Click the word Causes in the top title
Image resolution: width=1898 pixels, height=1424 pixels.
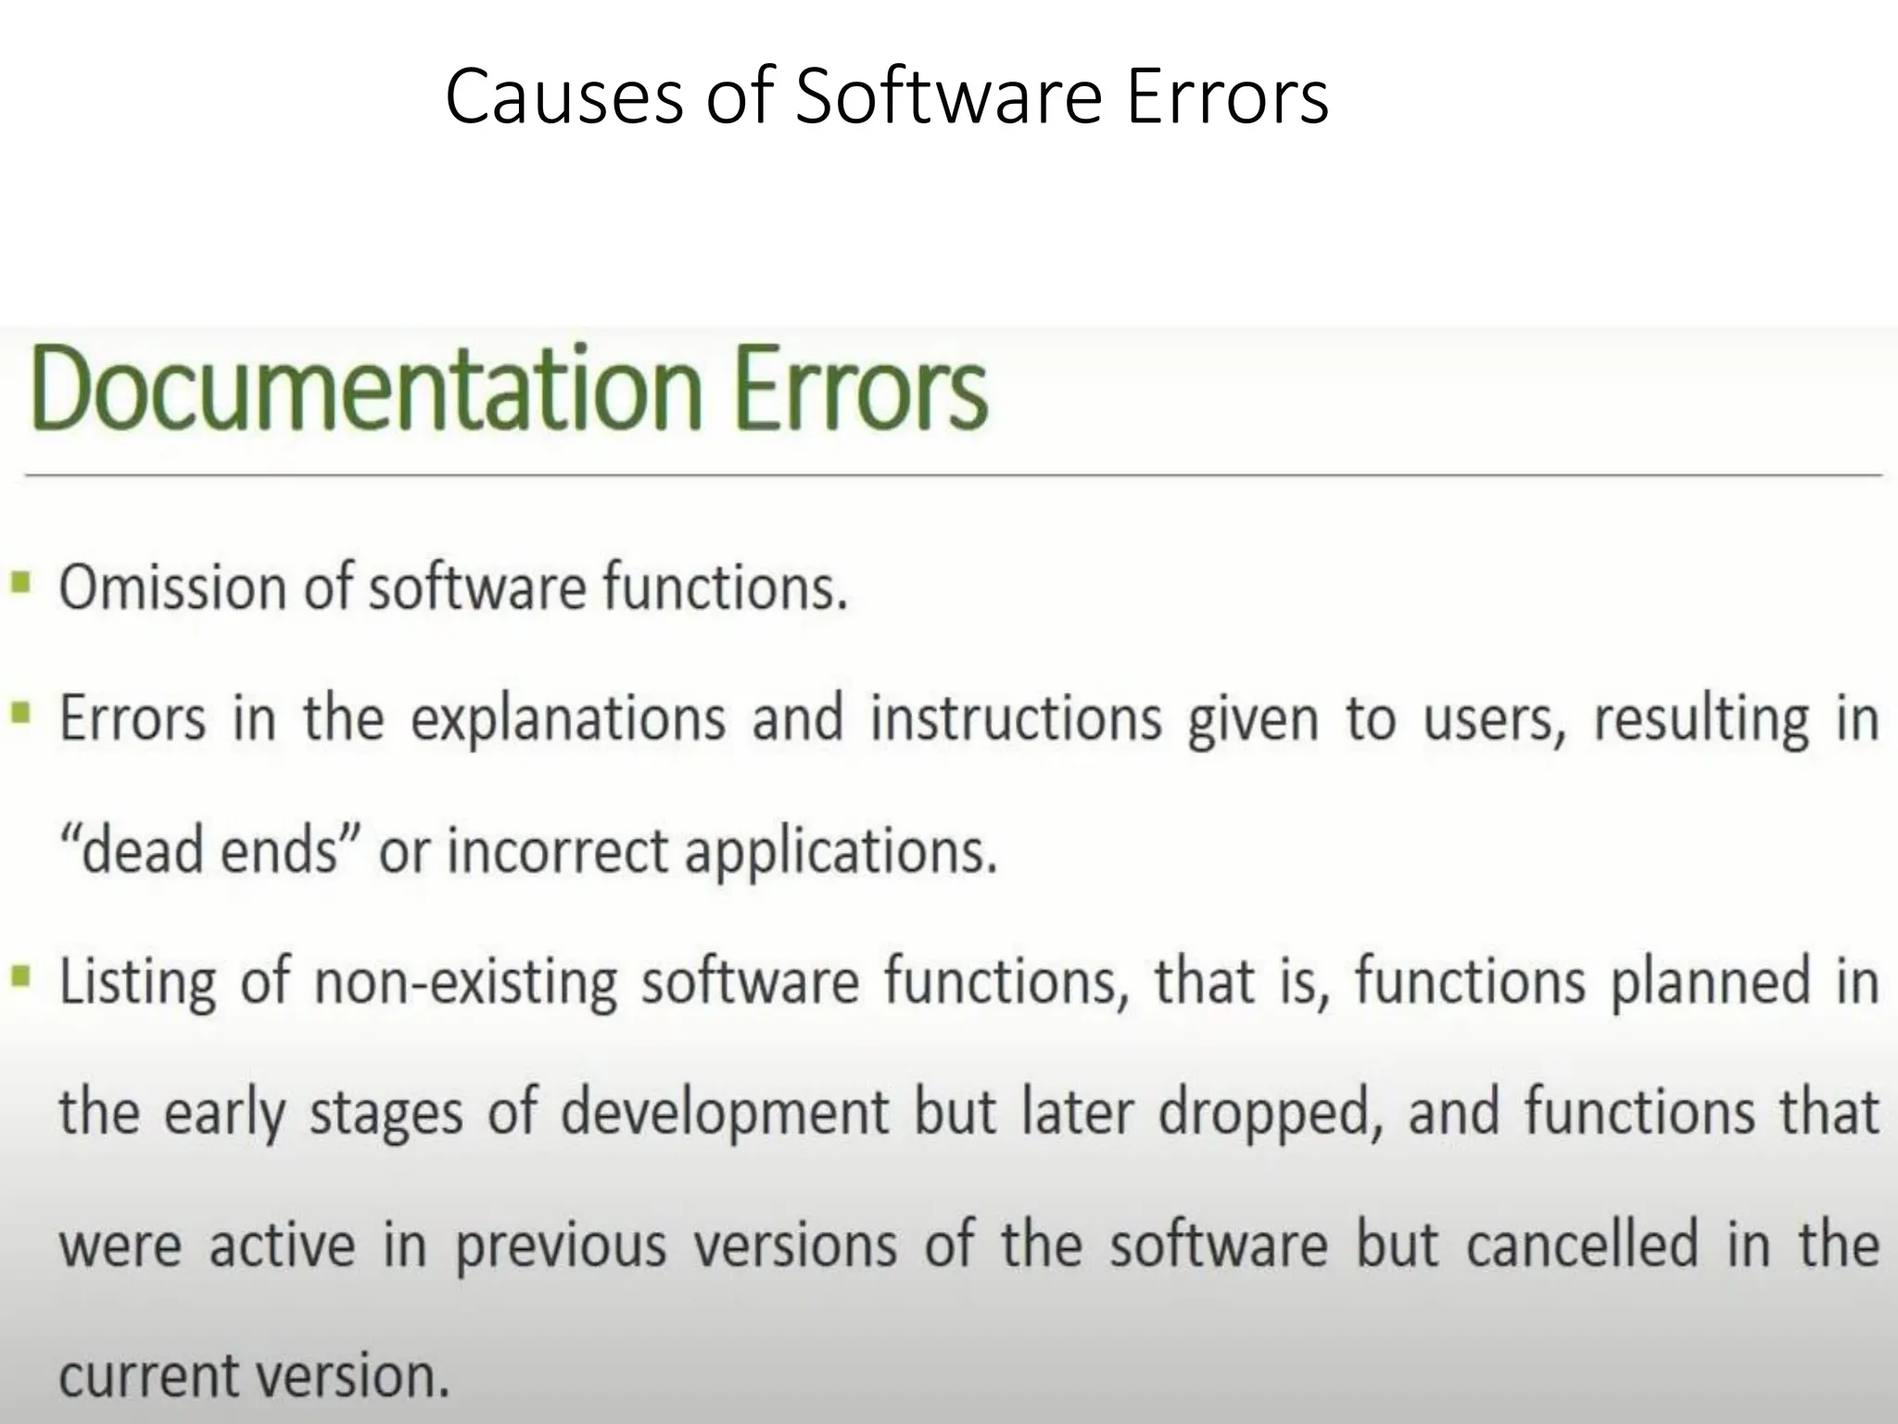(563, 97)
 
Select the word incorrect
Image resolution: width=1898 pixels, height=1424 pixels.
(557, 850)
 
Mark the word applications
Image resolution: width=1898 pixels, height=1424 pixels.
(841, 850)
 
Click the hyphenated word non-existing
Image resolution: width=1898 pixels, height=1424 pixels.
(465, 983)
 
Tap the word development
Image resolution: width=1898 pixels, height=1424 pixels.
(725, 1112)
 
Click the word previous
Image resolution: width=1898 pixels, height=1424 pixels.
(561, 1244)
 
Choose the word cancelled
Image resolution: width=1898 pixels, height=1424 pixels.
(1581, 1244)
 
